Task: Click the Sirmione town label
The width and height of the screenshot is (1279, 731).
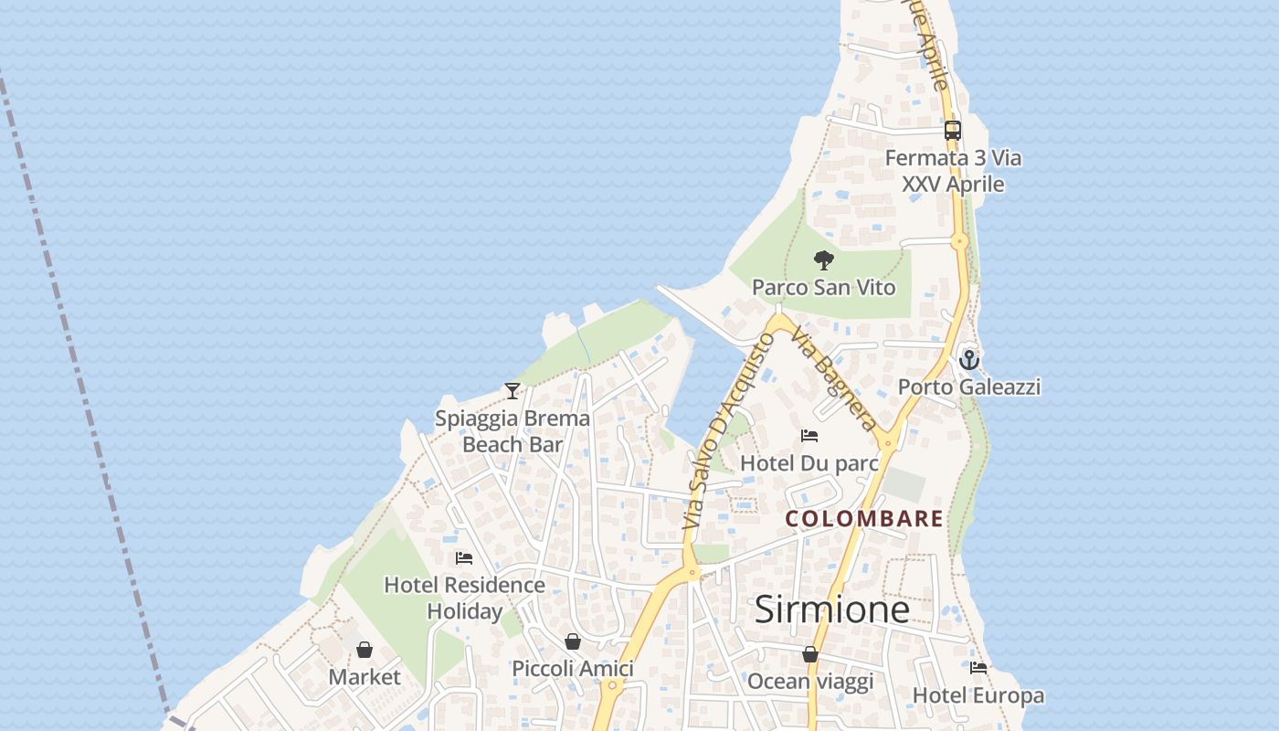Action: coord(831,609)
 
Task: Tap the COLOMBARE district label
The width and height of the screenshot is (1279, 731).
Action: coord(864,519)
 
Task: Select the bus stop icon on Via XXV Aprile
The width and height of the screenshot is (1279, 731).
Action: coord(953,131)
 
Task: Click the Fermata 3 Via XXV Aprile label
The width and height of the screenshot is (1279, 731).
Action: coord(953,171)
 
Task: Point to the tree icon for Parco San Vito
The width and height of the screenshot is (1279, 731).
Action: coord(824,260)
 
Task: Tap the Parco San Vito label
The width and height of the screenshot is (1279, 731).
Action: coord(823,288)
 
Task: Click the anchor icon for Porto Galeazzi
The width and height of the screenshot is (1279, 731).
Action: coord(968,359)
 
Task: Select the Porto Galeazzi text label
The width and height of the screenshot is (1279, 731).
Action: coord(968,387)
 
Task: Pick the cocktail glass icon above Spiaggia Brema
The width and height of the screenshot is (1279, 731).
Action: coord(513,391)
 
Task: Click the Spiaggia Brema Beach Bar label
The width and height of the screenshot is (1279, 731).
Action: coord(513,431)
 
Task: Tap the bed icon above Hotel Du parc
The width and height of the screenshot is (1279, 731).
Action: coord(809,436)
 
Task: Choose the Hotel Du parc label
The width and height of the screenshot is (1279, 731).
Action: coord(809,463)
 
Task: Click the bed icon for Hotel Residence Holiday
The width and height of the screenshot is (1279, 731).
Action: coord(464,557)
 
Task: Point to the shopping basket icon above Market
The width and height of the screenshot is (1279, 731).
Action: coord(365,650)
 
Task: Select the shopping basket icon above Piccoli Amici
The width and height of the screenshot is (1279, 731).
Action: coord(573,641)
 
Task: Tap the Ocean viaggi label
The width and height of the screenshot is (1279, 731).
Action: coord(810,682)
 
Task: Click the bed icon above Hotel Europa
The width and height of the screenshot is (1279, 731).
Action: coord(978,668)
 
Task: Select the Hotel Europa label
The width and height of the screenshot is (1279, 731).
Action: coord(978,695)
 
